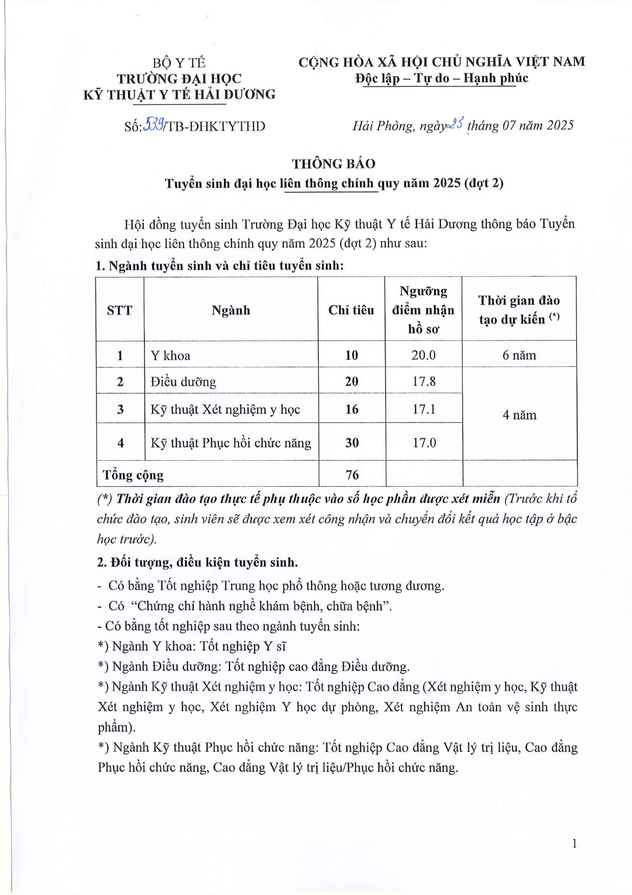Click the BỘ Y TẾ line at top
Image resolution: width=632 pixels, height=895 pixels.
pos(179,63)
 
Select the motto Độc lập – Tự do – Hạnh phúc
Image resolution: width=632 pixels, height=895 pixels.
pos(441,79)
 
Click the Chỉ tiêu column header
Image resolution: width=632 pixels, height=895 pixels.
pos(351,310)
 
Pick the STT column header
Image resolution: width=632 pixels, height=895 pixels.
pos(120,310)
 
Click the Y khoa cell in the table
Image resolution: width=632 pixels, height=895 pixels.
pos(170,356)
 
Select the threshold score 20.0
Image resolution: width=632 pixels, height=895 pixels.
pos(423,355)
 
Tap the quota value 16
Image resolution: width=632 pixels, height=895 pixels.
pos(351,409)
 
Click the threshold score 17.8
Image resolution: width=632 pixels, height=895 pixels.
pos(423,382)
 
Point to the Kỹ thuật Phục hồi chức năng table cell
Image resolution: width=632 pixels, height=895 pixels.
pos(231,443)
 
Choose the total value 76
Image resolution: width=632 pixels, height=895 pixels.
pos(352,475)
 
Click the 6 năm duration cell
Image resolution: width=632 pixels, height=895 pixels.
pos(519,355)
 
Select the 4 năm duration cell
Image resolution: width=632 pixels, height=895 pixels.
pos(519,415)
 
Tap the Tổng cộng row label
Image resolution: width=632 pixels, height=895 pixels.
pos(133,476)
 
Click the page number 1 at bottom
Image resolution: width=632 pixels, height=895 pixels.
pos(574,843)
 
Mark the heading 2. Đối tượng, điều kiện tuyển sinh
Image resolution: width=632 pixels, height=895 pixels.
pos(197,562)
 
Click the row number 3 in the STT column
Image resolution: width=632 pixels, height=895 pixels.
pos(120,409)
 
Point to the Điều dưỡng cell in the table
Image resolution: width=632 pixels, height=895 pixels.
pos(183,382)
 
